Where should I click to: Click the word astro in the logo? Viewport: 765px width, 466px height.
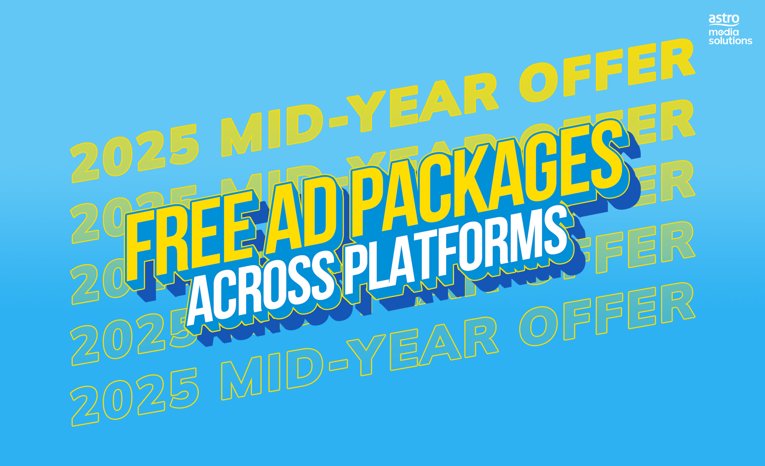point(724,19)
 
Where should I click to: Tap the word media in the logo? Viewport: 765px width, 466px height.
point(723,32)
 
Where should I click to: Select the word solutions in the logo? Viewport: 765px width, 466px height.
point(730,41)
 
